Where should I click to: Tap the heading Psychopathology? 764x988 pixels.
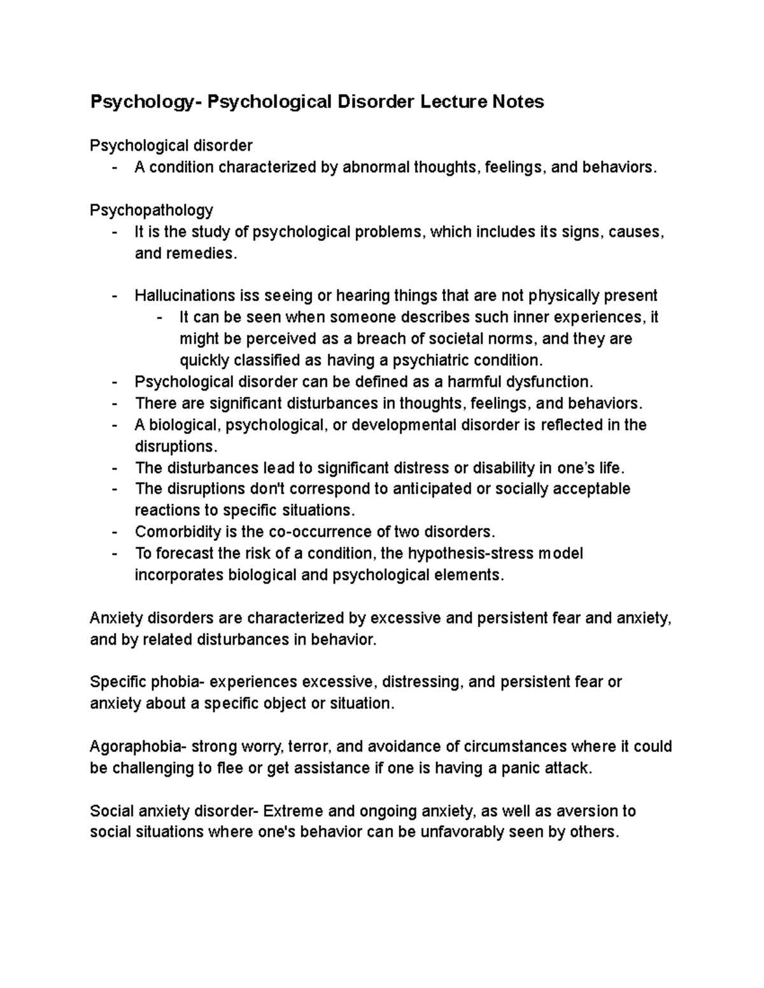[152, 210]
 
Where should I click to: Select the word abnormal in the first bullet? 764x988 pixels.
[376, 167]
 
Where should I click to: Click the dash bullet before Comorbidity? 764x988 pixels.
[114, 532]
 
